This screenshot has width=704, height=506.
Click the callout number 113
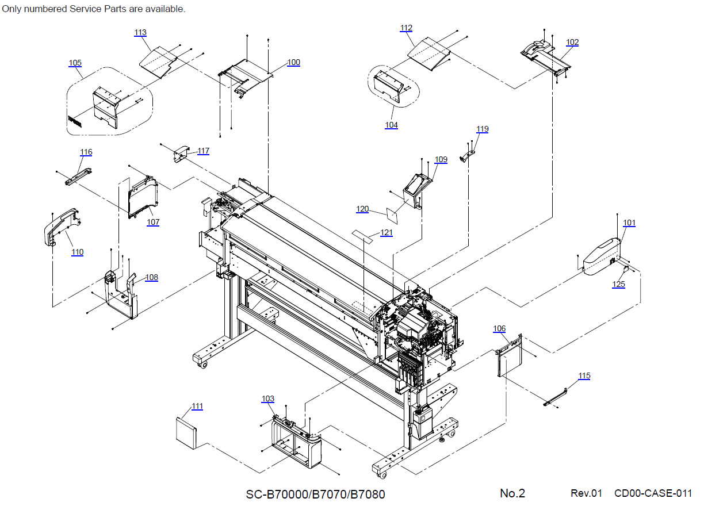click(x=140, y=33)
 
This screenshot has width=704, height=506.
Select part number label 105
click(x=75, y=63)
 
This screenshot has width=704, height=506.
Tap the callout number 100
click(x=293, y=62)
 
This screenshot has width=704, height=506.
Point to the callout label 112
click(x=406, y=28)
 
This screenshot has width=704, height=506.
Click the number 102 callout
click(x=572, y=42)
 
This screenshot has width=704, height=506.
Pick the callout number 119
click(x=482, y=129)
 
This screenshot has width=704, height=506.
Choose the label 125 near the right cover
click(x=618, y=284)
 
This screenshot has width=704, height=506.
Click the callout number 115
click(x=584, y=375)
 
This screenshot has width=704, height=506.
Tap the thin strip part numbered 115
click(x=556, y=397)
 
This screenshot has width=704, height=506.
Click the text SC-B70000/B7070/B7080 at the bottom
click(x=315, y=494)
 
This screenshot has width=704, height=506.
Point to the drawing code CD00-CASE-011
click(x=653, y=493)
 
